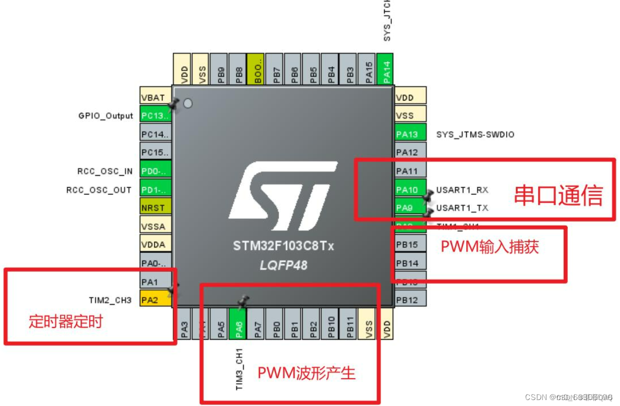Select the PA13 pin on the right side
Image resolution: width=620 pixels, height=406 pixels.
point(410,134)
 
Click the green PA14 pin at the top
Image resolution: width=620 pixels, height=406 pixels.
point(386,69)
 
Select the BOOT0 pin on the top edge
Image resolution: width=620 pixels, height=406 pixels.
point(256,69)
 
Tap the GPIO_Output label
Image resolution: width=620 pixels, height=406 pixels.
point(105,116)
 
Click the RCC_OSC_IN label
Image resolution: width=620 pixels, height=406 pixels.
point(105,171)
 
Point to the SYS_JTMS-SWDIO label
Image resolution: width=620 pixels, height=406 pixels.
point(475,135)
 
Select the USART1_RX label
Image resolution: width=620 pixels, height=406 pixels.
point(462,190)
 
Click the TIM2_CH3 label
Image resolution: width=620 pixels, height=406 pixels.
point(110,300)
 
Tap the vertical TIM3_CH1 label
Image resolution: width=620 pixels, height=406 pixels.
point(239,368)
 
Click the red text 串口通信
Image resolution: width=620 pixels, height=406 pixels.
point(558,195)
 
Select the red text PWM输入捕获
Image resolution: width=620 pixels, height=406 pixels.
point(490,246)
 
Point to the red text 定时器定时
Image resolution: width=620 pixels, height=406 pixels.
point(66,322)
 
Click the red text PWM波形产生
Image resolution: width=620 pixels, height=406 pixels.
point(306,373)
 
